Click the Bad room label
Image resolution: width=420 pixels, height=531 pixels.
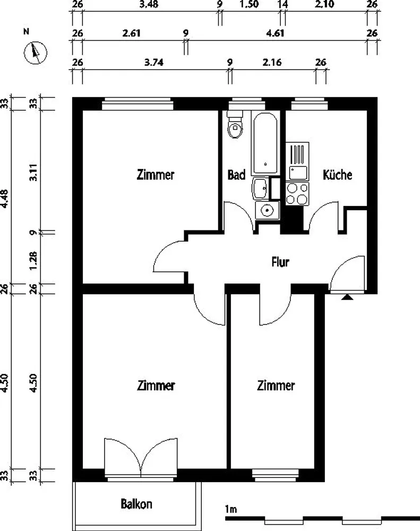236,175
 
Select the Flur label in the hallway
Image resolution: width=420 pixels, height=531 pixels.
280,262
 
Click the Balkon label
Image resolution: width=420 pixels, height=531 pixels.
136,504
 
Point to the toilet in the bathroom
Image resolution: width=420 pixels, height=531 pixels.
235,125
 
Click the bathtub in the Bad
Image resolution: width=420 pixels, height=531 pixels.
265,143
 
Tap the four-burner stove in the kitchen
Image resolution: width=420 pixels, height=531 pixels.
297,194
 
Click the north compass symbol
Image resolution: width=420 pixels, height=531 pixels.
35,53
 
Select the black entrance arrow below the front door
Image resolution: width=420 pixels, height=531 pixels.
347,297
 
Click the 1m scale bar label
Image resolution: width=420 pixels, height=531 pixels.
230,509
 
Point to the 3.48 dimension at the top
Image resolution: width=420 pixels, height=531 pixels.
149,4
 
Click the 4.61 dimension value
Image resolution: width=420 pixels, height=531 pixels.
275,33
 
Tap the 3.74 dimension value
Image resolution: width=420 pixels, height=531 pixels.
154,62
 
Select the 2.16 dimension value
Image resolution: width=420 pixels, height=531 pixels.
272,62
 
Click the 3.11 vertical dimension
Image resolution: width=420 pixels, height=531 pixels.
33,173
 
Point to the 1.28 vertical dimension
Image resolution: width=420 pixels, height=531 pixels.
33,261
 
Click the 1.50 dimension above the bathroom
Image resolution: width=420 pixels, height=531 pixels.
249,4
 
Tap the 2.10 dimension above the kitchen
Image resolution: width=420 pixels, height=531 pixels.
324,4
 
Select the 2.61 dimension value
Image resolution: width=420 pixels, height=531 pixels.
132,33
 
